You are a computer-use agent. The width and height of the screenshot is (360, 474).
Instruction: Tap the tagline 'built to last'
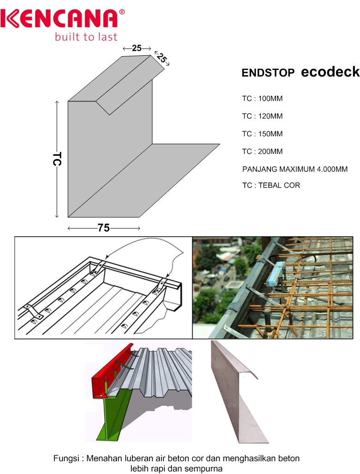86,36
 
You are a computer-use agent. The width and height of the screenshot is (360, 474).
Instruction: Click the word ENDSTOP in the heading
268,74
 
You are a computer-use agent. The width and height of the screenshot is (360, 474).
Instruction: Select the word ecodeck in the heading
330,72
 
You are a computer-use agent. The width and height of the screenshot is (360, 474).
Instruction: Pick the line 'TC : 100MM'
262,99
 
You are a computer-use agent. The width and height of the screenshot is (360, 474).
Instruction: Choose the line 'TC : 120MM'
262,116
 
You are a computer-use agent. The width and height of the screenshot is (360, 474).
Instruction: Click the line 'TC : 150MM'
262,134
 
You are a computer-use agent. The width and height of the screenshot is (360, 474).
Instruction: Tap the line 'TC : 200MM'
262,152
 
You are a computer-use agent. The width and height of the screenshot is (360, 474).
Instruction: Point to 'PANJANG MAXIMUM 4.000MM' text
295,169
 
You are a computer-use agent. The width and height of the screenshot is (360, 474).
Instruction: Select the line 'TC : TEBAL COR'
271,185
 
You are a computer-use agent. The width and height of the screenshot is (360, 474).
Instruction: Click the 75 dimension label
104,228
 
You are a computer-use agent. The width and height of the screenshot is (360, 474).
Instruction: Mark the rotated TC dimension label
57,159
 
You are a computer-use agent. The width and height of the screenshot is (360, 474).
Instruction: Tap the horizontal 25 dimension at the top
137,48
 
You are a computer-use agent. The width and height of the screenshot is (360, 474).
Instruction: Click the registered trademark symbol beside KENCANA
122,10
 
